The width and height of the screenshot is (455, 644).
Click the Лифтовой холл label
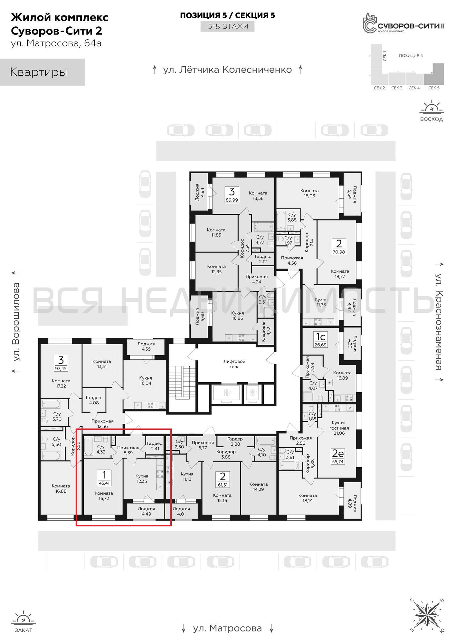(x=234, y=364)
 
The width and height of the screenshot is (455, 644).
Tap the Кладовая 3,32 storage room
(x=266, y=331)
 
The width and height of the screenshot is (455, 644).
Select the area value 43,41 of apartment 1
(x=104, y=483)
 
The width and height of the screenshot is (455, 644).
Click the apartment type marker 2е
(x=338, y=454)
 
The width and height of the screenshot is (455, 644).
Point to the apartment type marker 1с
(x=320, y=337)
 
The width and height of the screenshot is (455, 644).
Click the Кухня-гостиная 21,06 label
(x=339, y=428)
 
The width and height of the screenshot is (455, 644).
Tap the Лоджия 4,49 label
(x=147, y=511)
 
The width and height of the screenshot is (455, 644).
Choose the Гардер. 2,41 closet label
(x=155, y=446)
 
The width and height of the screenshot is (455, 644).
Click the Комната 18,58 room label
(x=258, y=196)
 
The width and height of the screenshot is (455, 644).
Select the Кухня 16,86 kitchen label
(x=237, y=316)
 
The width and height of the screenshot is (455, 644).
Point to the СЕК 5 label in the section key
(x=434, y=88)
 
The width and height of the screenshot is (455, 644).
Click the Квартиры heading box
(x=43, y=72)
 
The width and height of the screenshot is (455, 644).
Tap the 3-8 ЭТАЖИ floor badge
(x=228, y=26)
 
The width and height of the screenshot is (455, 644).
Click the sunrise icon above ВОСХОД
(x=431, y=107)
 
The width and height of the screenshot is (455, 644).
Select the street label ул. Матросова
(x=228, y=628)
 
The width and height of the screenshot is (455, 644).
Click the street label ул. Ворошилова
(x=16, y=322)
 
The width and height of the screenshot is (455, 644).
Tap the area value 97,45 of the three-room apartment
(x=61, y=369)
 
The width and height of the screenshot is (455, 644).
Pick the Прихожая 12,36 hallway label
(x=102, y=424)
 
